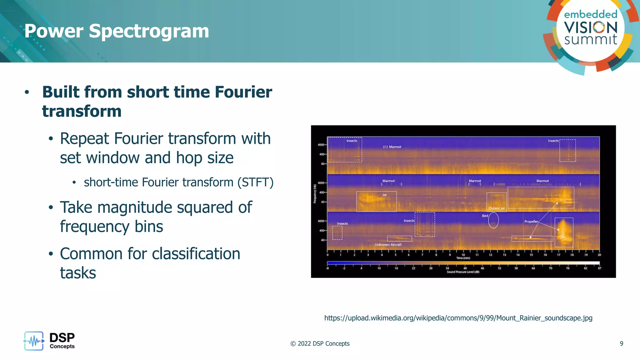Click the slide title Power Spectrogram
click(117, 31)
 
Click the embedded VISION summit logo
click(590, 30)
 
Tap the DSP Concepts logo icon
click(34, 341)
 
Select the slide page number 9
click(621, 343)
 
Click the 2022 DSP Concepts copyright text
click(320, 343)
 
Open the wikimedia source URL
click(458, 318)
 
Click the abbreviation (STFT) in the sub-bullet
click(255, 182)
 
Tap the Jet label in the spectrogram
click(384, 195)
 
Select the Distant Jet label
click(497, 208)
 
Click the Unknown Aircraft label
click(388, 245)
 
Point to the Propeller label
click(531, 222)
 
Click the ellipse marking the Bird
click(493, 220)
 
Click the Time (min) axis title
click(463, 258)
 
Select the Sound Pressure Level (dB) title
click(463, 272)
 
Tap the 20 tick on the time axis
click(599, 255)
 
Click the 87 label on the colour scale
click(599, 268)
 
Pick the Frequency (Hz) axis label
click(315, 194)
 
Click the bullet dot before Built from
click(27, 92)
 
